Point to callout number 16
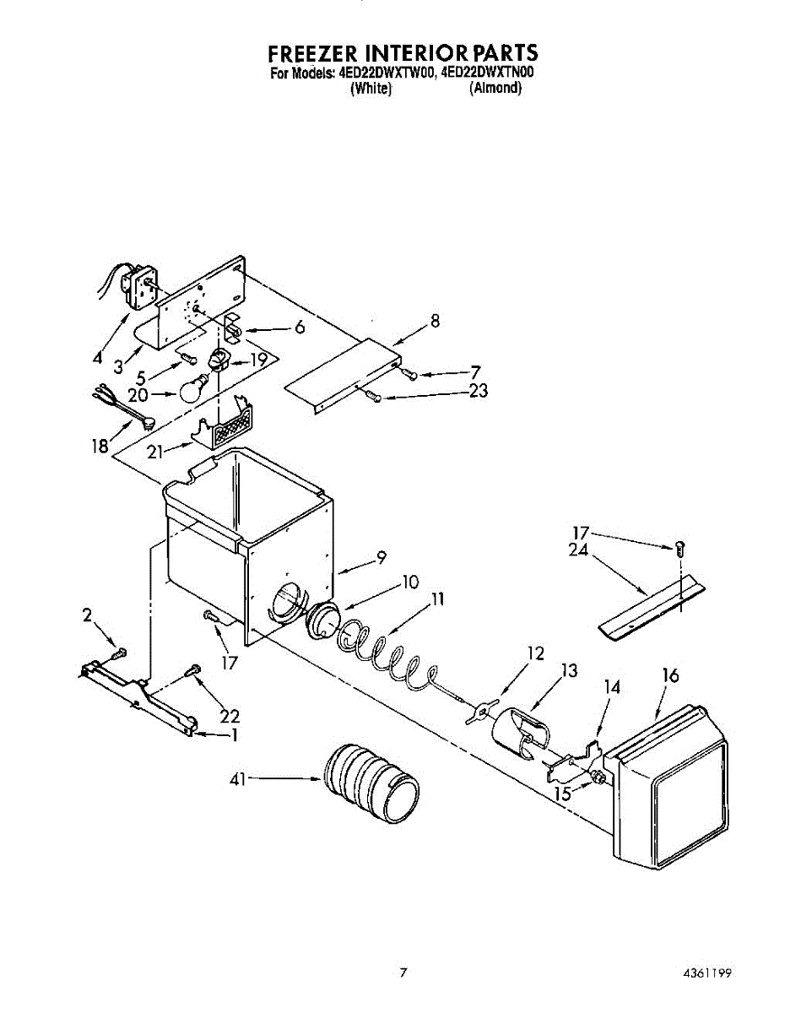click(670, 676)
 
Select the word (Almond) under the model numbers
click(495, 88)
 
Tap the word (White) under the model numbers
click(371, 88)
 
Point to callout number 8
click(435, 321)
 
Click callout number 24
click(579, 555)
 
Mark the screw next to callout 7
click(411, 375)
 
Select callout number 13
click(569, 671)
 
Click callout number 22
click(229, 716)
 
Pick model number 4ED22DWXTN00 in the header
click(487, 73)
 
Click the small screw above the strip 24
click(678, 547)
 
